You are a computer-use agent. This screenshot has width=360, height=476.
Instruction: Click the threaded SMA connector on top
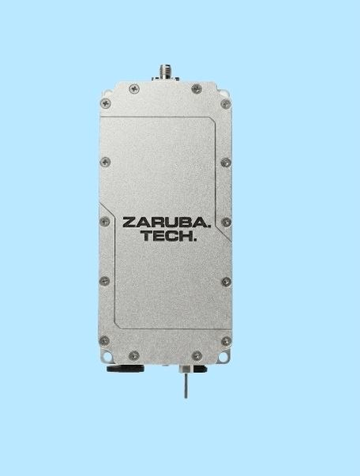pos(165,72)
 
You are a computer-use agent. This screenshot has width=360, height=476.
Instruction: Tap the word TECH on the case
pos(167,236)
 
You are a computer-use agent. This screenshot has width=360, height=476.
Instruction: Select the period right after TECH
pos(195,240)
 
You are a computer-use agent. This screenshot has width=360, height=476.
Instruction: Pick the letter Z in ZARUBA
pos(129,222)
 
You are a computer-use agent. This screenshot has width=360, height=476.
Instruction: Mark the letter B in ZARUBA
pos(186,222)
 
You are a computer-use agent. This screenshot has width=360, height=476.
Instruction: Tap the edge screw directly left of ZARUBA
pos(105,221)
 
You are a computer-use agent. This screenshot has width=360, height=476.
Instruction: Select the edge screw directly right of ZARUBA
pos(226,222)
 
